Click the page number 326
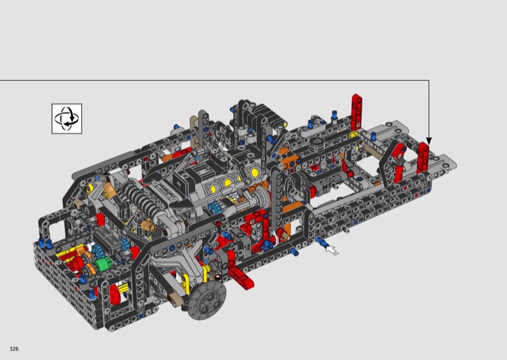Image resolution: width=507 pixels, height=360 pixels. [x=14, y=349]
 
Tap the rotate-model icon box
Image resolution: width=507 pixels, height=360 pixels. [x=67, y=119]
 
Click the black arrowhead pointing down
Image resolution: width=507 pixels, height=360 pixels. [x=429, y=141]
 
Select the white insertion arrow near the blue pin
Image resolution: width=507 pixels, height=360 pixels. [x=331, y=250]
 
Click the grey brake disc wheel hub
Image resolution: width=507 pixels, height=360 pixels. [x=207, y=300]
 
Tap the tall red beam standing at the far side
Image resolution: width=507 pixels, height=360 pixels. [x=357, y=111]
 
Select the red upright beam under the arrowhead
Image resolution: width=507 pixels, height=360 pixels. [x=423, y=158]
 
